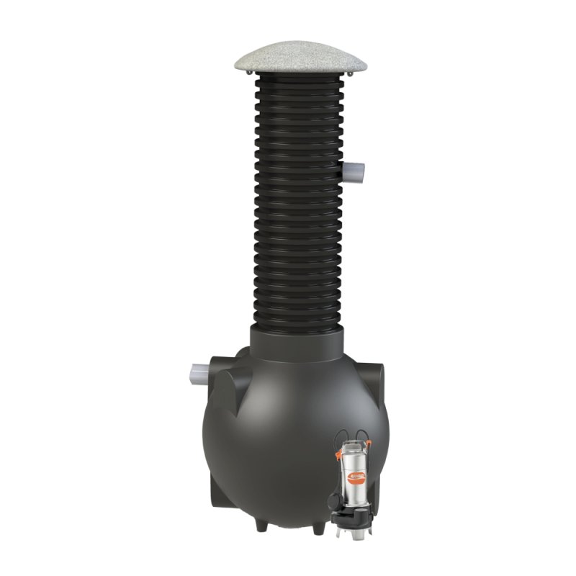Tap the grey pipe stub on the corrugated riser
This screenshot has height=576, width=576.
pos(358,172)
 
